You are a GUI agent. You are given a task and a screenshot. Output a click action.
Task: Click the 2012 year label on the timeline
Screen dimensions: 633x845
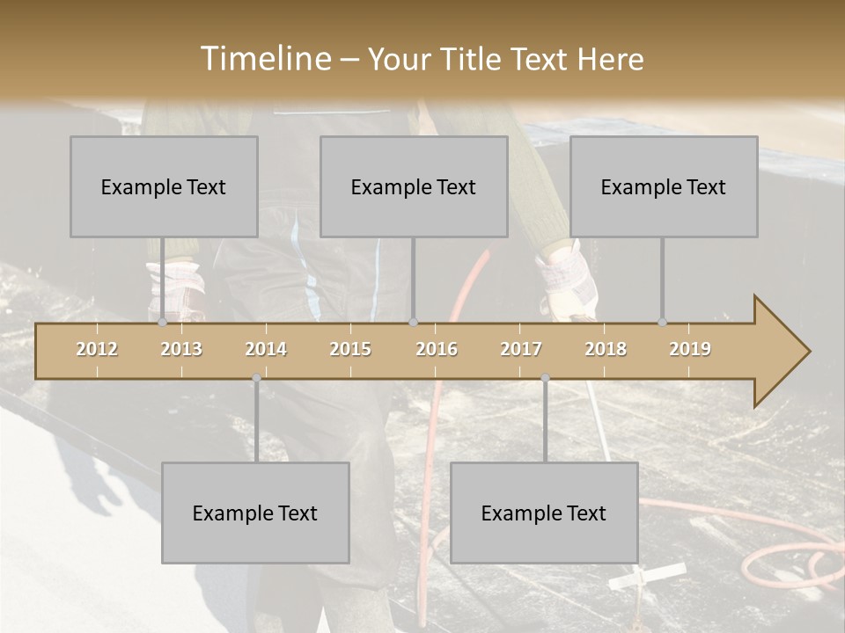pyautogui.click(x=97, y=349)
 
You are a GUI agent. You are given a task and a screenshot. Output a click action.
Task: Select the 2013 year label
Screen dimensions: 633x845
pyautogui.click(x=181, y=349)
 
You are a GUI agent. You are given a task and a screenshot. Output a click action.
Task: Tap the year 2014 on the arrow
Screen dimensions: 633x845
pyautogui.click(x=266, y=349)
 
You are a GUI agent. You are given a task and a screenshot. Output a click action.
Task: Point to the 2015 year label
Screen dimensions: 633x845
pyautogui.click(x=350, y=349)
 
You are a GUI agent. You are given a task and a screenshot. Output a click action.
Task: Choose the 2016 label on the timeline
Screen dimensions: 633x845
pyautogui.click(x=437, y=349)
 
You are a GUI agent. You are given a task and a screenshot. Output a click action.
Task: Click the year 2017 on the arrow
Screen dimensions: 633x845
pyautogui.click(x=521, y=349)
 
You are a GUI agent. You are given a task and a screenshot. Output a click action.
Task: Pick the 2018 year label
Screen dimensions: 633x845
pyautogui.click(x=606, y=349)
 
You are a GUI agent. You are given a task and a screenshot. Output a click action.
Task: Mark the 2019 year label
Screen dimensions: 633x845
pyautogui.click(x=690, y=349)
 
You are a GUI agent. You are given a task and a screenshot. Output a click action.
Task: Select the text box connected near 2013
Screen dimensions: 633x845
pyautogui.click(x=164, y=186)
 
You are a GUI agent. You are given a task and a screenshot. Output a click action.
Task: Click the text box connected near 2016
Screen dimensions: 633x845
pyautogui.click(x=414, y=186)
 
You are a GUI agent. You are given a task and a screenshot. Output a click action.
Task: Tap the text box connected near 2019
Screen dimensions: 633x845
pyautogui.click(x=664, y=186)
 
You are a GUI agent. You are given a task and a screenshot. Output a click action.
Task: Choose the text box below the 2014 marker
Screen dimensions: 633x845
pyautogui.click(x=255, y=513)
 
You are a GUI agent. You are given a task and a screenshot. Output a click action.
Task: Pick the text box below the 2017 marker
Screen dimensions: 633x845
pyautogui.click(x=544, y=513)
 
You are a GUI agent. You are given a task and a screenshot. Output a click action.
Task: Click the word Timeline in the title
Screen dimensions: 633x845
pyautogui.click(x=264, y=59)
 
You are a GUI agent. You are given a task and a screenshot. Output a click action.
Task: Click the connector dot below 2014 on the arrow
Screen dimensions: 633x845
pyautogui.click(x=256, y=378)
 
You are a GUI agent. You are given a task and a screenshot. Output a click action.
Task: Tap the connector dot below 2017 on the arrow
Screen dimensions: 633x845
pyautogui.click(x=545, y=378)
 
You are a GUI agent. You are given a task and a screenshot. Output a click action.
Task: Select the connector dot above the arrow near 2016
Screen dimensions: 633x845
pyautogui.click(x=414, y=322)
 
